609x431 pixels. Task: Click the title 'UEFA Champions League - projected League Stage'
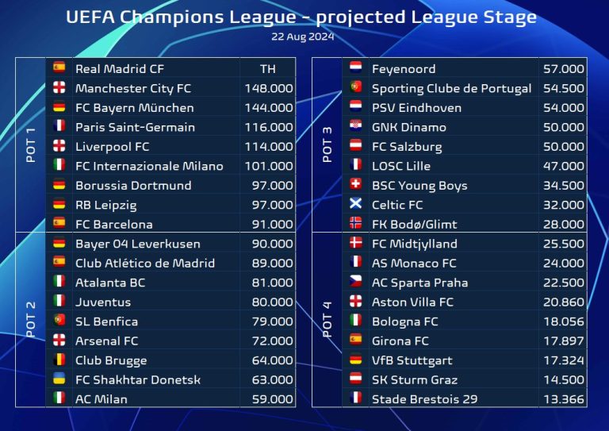301,17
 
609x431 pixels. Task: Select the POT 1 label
31,146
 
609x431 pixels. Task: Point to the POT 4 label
327,320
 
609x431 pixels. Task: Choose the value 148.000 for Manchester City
269,88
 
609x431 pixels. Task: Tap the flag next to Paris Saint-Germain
59,127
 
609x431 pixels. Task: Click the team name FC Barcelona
113,224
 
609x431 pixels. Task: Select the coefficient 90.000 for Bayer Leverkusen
269,244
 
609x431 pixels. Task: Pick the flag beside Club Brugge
59,360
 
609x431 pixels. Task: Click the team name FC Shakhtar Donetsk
138,379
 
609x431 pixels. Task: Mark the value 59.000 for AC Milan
269,398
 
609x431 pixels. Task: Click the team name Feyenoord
404,69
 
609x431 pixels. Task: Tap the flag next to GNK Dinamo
356,127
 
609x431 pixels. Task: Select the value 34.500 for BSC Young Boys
564,186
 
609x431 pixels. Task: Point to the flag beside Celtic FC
356,205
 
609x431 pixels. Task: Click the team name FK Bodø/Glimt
414,224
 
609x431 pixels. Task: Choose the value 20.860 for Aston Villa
564,302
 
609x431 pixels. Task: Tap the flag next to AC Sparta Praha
356,283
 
